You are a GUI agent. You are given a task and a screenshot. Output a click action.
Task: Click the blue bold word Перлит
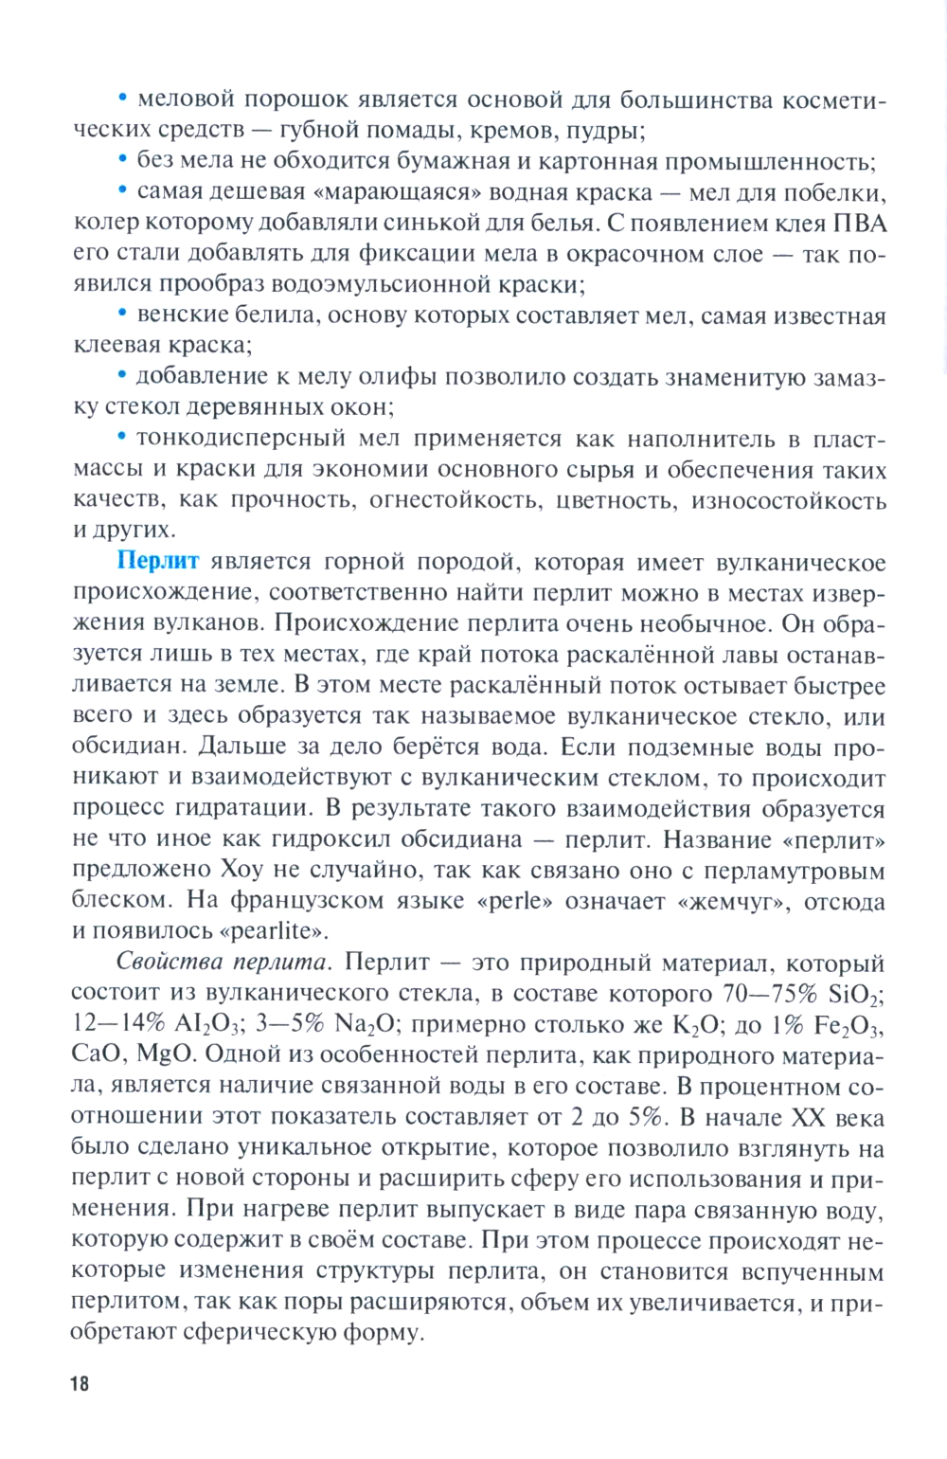pos(157,561)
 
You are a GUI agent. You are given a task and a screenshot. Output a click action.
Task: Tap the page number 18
pos(79,1383)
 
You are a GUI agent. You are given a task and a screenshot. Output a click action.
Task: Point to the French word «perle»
pos(519,901)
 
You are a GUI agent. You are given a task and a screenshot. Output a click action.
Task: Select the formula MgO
pos(165,1055)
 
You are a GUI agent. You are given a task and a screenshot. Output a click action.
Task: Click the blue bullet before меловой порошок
pos(122,99)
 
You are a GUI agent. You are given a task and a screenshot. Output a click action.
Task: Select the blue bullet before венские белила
pos(122,315)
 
